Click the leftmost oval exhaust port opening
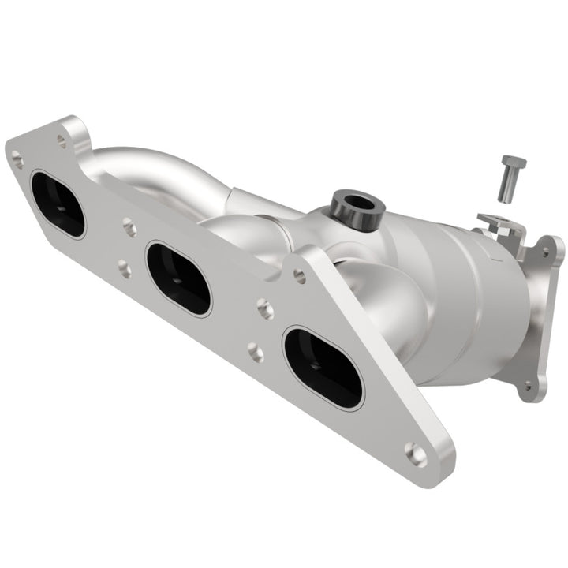point(58,204)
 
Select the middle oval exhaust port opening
point(179,278)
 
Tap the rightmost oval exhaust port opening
point(323,368)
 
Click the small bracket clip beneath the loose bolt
point(499,226)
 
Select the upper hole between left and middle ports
point(130,229)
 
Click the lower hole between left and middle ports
point(125,269)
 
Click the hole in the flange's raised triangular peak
point(300,275)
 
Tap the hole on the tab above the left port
point(62,142)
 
